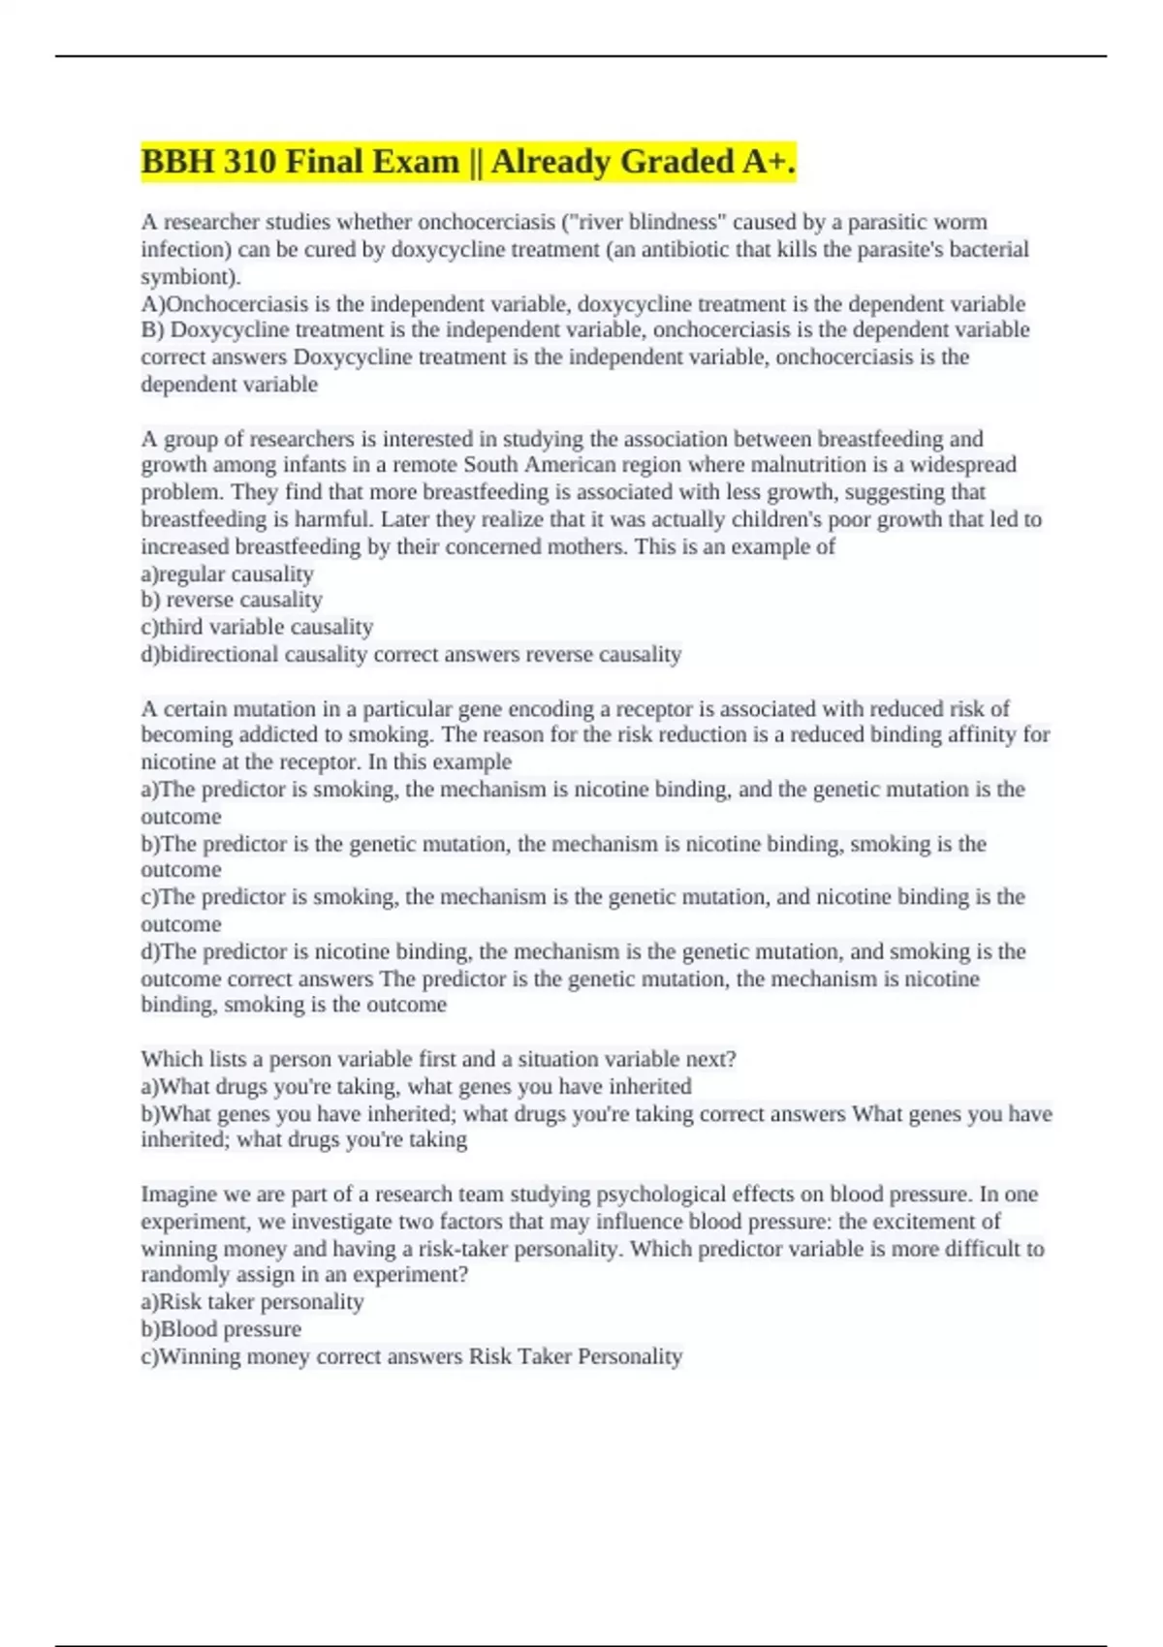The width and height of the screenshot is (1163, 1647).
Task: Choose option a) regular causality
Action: click(x=227, y=574)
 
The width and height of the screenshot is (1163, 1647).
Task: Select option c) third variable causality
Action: click(x=257, y=627)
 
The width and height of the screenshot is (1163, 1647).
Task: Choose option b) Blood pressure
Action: click(x=221, y=1329)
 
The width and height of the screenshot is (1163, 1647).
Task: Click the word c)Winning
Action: click(x=198, y=1356)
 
